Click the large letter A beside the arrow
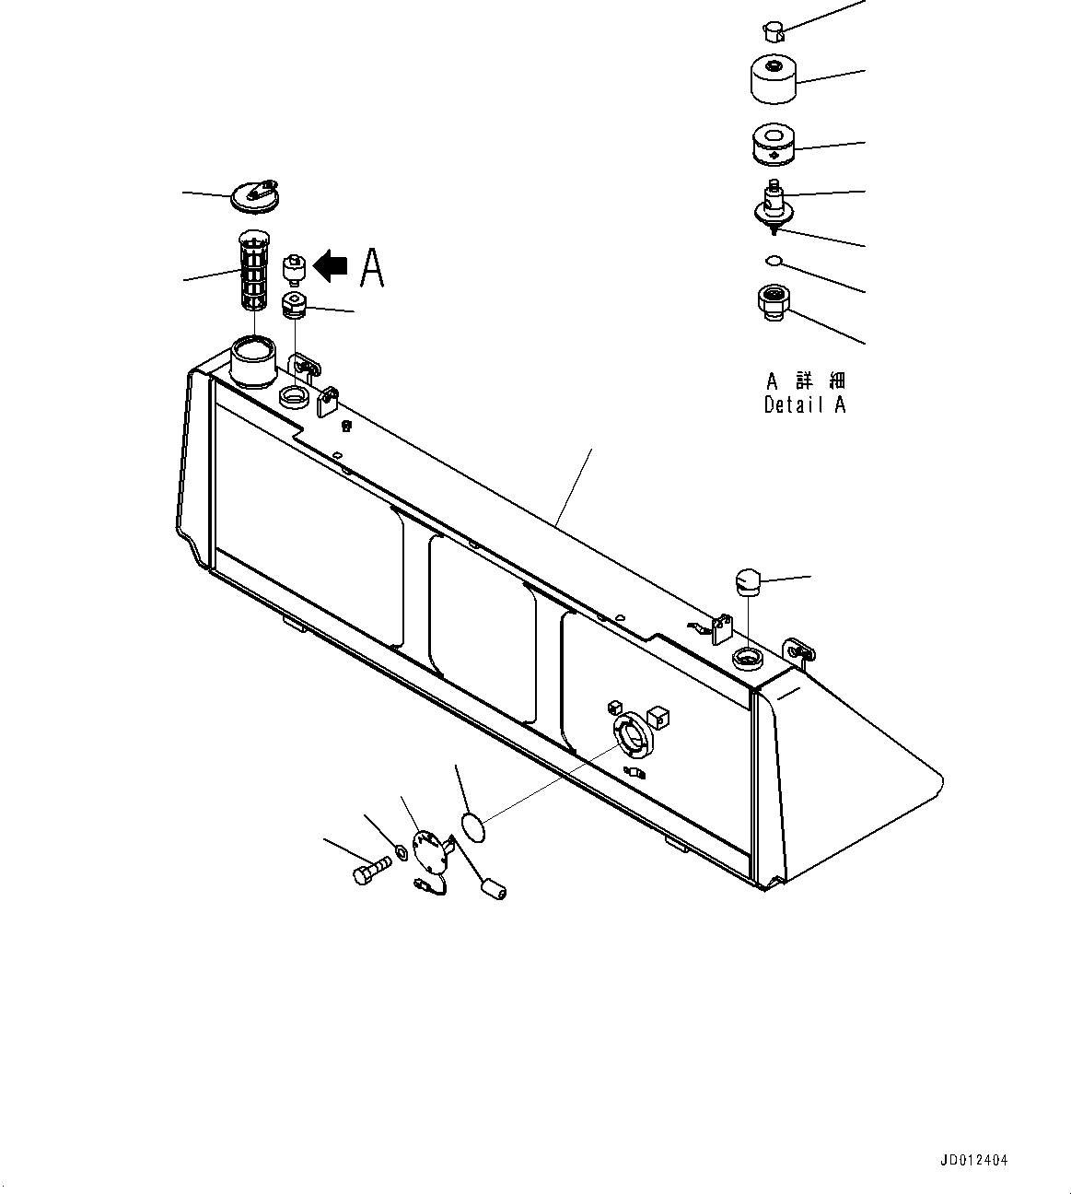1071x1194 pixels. click(371, 268)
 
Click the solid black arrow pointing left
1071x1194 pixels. click(330, 266)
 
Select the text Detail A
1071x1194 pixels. click(804, 404)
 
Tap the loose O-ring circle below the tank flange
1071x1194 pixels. click(471, 825)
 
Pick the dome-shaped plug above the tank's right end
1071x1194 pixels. click(746, 582)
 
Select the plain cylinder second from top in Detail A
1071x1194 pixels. click(774, 80)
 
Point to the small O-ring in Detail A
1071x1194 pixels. click(774, 261)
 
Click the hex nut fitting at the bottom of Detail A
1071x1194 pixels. click(772, 302)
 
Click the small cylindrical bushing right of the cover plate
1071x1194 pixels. click(493, 889)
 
